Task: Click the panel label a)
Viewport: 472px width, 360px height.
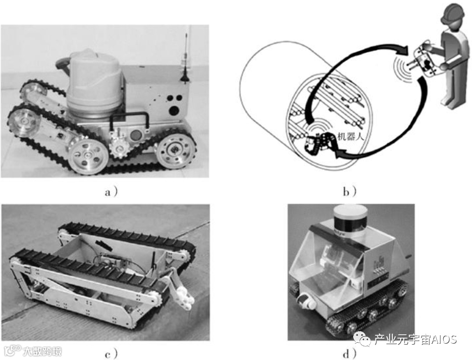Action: [111, 192]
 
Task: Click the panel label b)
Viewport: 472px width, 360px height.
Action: [350, 192]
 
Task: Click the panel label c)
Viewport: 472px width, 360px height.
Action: [111, 354]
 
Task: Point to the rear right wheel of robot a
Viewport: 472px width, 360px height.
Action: [174, 150]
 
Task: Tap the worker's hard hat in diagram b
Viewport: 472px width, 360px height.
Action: [452, 13]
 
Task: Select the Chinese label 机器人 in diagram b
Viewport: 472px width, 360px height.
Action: [351, 137]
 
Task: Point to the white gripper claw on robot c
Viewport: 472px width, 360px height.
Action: [183, 294]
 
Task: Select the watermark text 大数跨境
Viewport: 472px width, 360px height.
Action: [43, 351]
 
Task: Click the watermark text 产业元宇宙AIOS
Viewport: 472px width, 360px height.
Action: [416, 339]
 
